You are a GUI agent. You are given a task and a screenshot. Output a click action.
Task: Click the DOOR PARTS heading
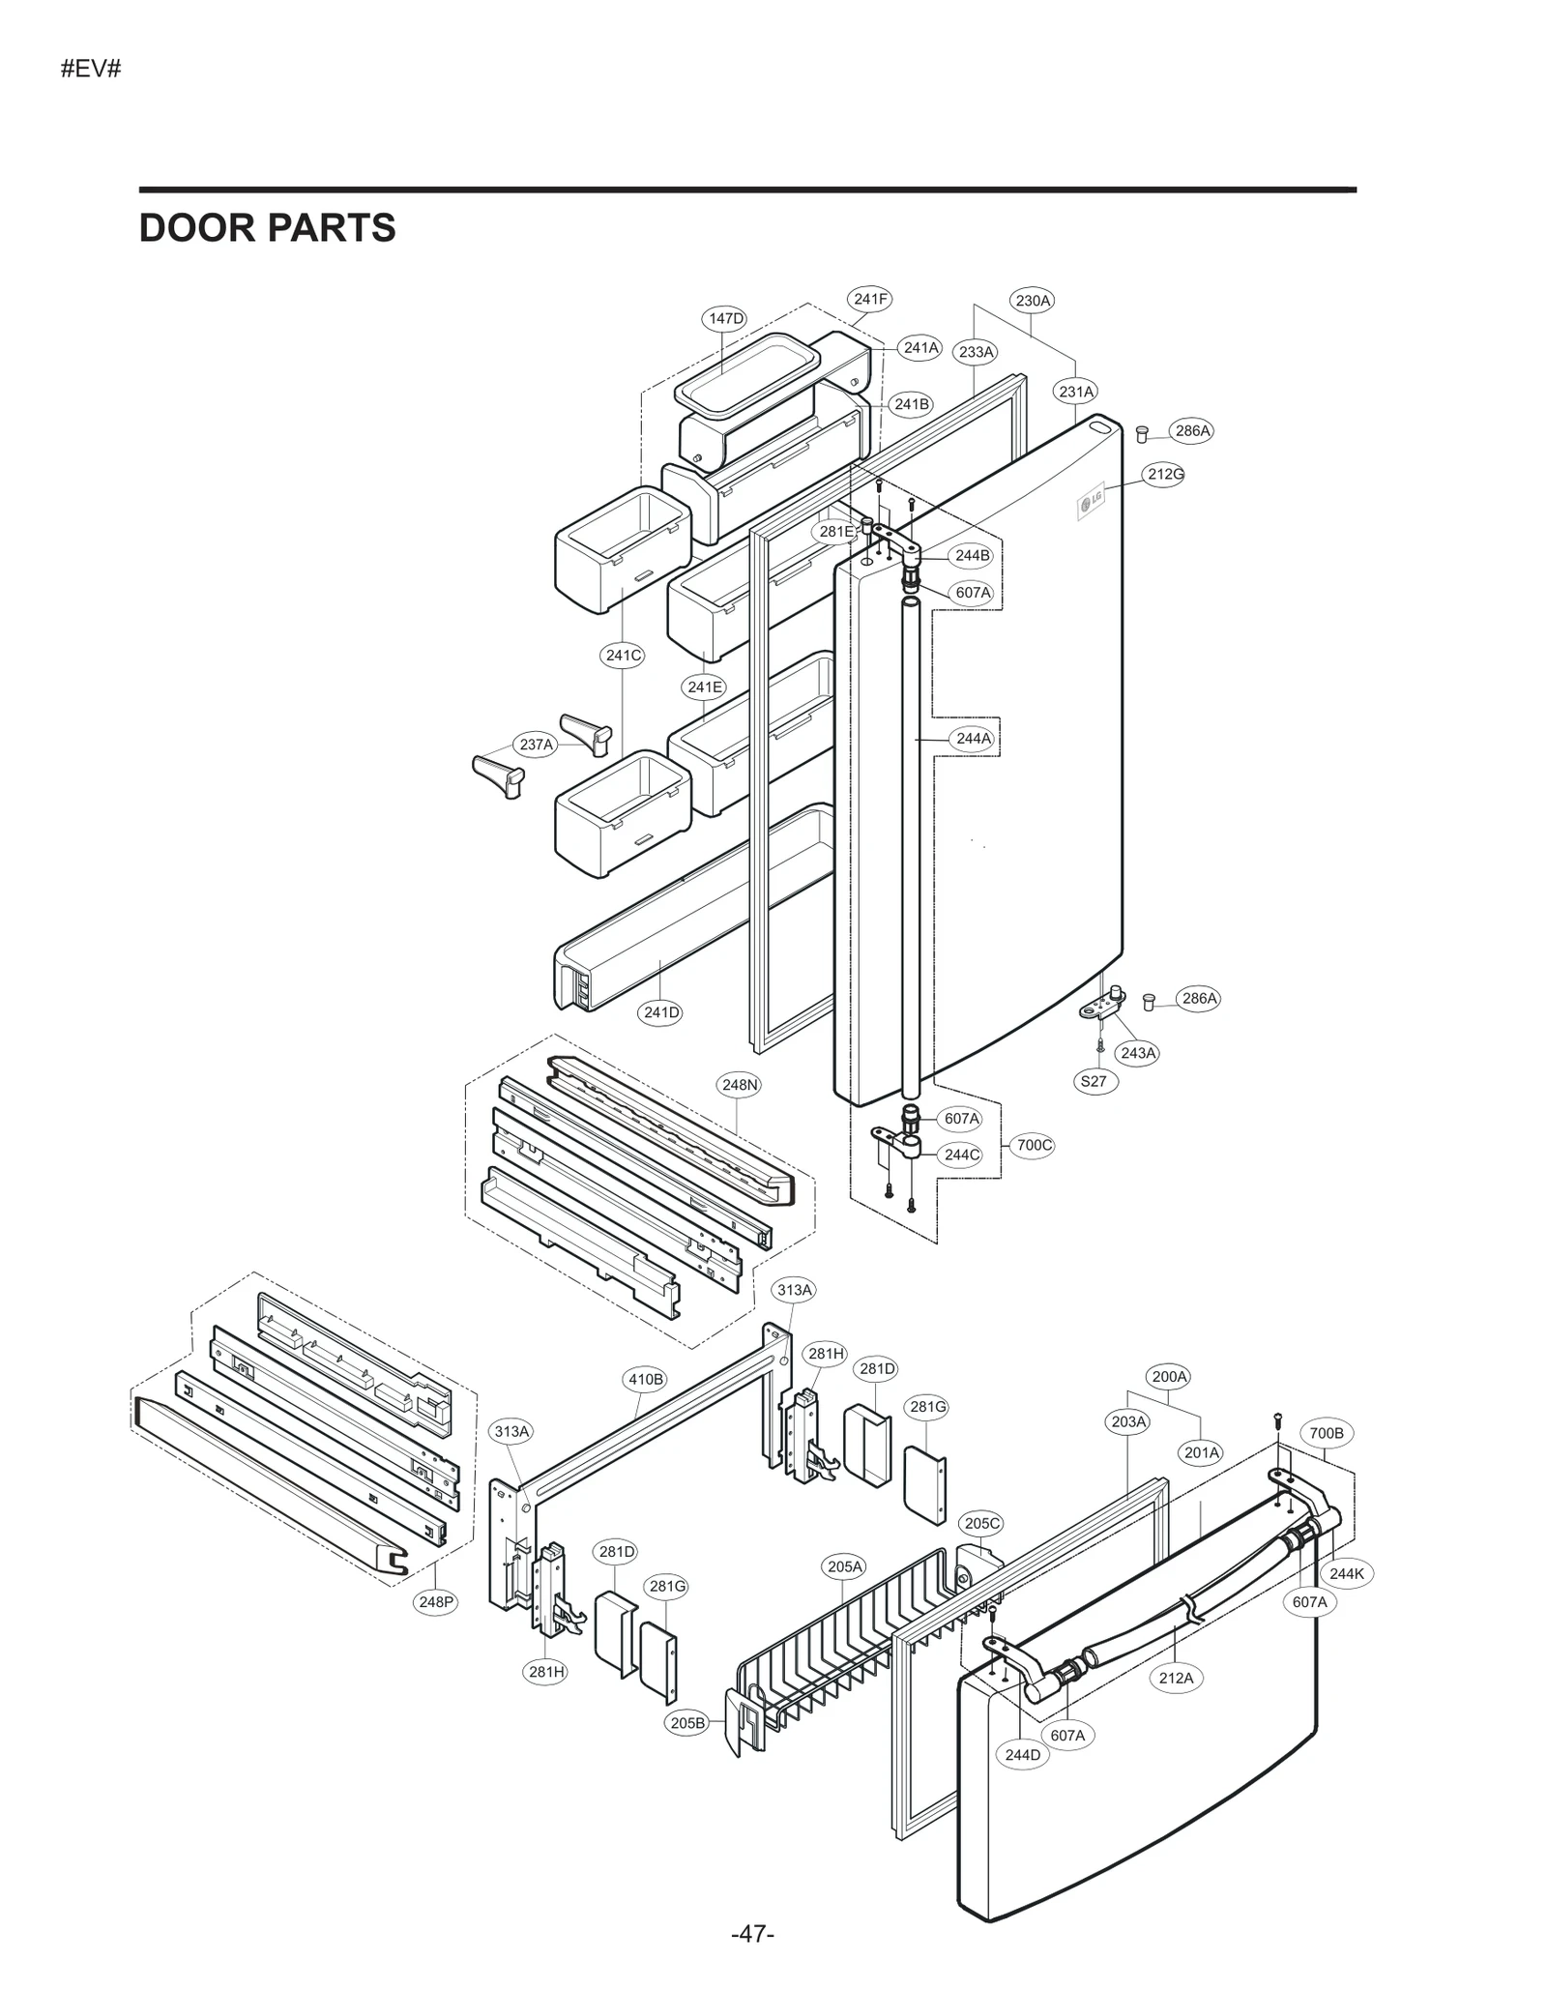[x=267, y=228]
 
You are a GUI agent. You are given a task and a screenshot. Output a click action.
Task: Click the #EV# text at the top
[x=91, y=70]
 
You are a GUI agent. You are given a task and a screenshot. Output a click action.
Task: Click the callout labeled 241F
[x=870, y=299]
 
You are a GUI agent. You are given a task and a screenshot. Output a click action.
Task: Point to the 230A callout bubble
[x=1033, y=300]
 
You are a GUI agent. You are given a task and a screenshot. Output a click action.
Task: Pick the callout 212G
[x=1165, y=474]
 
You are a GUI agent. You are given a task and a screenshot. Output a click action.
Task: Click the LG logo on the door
[x=1091, y=502]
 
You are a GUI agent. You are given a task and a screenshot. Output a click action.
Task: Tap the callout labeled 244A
[x=973, y=738]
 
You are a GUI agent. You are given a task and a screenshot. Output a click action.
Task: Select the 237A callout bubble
[x=536, y=745]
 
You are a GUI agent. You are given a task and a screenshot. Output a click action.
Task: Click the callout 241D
[x=661, y=1012]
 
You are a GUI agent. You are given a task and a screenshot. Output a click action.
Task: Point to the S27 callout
[x=1094, y=1081]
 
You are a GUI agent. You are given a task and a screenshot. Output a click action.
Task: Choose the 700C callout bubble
[x=1034, y=1145]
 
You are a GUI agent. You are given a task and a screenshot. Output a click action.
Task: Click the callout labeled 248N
[x=740, y=1085]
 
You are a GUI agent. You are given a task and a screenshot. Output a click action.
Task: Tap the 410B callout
[x=646, y=1379]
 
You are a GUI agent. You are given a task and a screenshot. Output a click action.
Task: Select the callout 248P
[x=435, y=1602]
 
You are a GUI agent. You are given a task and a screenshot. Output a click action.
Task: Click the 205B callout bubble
[x=687, y=1722]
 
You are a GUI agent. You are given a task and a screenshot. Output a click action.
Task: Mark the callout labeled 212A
[x=1176, y=1678]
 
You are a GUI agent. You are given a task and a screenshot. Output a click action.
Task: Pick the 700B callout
[x=1326, y=1433]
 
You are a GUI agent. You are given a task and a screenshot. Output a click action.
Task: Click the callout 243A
[x=1137, y=1053]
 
